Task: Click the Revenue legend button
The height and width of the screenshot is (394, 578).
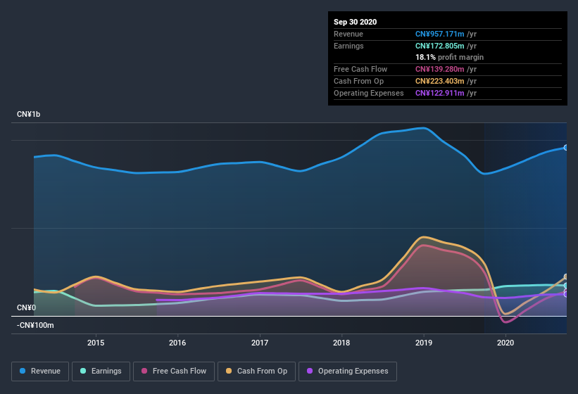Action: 41,371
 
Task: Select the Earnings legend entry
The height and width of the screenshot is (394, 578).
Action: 101,371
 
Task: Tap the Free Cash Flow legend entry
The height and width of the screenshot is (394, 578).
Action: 175,371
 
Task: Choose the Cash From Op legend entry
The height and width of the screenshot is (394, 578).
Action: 257,371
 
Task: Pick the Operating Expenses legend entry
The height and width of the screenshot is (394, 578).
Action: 347,371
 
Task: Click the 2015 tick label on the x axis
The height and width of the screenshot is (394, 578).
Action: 96,343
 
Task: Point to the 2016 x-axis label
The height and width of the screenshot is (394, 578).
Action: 177,343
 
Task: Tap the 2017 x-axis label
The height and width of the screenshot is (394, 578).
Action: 260,343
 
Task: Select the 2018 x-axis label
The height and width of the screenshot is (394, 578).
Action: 341,343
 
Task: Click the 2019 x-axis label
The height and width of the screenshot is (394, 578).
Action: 424,343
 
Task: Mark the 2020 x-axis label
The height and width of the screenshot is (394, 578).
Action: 505,343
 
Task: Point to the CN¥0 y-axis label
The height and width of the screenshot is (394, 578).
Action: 26,307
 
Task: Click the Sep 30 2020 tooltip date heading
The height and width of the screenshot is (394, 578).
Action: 355,22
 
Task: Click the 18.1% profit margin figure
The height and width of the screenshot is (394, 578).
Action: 425,57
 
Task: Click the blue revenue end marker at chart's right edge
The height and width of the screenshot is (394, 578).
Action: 565,147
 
